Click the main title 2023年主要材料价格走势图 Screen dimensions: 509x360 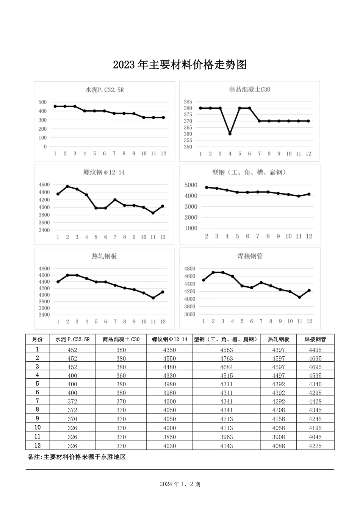tap(180, 65)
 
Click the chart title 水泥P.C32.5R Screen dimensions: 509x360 tap(105, 90)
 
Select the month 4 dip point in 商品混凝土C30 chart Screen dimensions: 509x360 tap(230, 134)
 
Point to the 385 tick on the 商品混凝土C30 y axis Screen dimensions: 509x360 tap(188, 102)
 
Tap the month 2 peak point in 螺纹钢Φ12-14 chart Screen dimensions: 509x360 tap(67, 186)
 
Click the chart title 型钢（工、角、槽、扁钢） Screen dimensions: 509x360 tap(249, 173)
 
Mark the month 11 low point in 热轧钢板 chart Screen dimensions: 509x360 tap(153, 298)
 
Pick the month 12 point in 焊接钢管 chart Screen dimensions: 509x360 tap(309, 290)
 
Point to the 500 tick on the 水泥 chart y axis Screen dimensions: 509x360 tap(42, 102)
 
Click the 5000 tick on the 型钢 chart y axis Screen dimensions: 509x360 tap(191, 185)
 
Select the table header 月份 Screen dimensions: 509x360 tap(37, 339)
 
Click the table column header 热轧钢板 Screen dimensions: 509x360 tap(278, 339)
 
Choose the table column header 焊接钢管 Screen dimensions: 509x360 tap(315, 339)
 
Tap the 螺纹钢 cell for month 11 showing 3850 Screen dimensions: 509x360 tap(169, 437)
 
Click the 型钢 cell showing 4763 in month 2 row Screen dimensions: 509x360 tap(226, 358)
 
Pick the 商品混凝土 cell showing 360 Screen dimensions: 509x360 tap(121, 376)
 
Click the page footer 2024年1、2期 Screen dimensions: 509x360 tap(180, 484)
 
